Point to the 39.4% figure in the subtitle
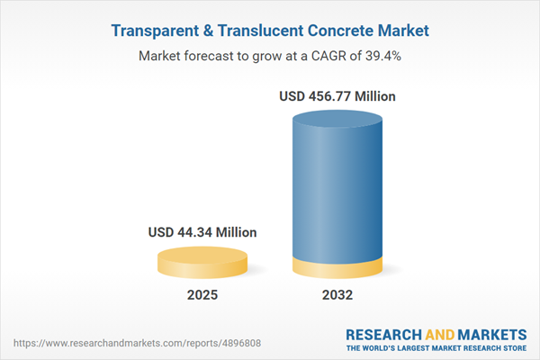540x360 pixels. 380,56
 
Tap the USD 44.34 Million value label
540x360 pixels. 202,232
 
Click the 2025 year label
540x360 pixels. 202,294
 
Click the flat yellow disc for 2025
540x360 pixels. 202,263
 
